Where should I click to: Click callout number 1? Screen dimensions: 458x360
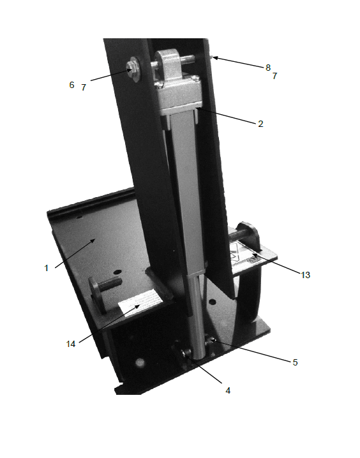pyautogui.click(x=46, y=268)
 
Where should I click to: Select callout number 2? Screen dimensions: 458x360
pyautogui.click(x=260, y=124)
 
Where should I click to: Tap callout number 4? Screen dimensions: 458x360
pyautogui.click(x=227, y=390)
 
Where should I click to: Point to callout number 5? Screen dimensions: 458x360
pyautogui.click(x=295, y=362)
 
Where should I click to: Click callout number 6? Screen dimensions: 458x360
pyautogui.click(x=71, y=84)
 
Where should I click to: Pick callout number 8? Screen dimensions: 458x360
pyautogui.click(x=268, y=66)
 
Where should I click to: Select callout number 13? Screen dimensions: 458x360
pyautogui.click(x=306, y=275)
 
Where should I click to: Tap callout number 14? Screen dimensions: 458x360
pyautogui.click(x=71, y=343)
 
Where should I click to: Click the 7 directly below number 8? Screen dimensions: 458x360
pyautogui.click(x=274, y=76)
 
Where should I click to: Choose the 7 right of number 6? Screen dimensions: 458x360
pyautogui.click(x=84, y=87)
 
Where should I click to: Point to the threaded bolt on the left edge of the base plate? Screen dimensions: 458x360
pyautogui.click(x=106, y=285)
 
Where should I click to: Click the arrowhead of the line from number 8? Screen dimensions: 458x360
pyautogui.click(x=215, y=58)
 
